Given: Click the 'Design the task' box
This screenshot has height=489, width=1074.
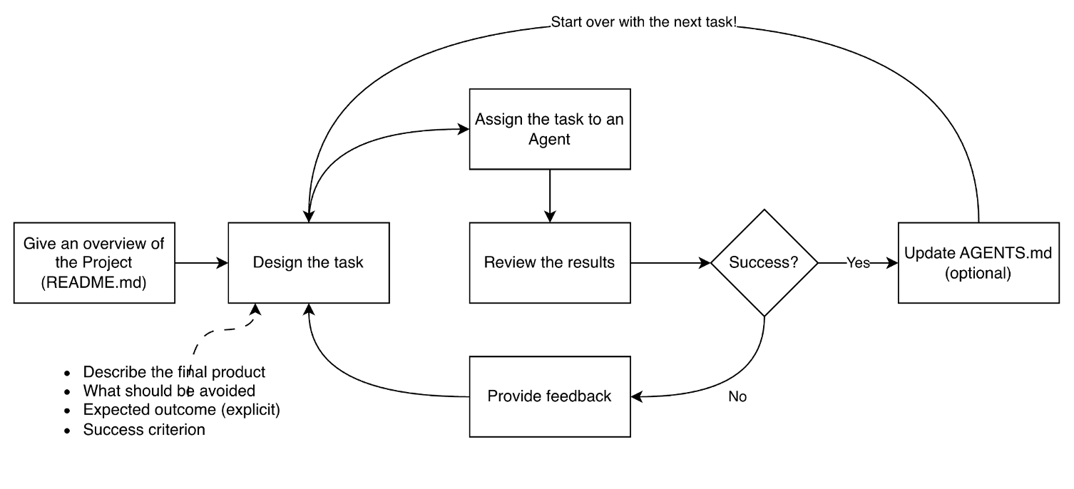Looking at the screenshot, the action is (309, 263).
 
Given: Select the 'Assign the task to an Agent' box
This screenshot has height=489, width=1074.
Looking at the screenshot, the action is (550, 129).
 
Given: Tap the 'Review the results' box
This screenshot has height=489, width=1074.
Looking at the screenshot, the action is (550, 263).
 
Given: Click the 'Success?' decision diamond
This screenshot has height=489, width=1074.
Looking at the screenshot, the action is (764, 263).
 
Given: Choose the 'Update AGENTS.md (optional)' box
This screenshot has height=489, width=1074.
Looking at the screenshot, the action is (978, 263).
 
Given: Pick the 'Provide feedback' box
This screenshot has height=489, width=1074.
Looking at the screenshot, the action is (550, 396).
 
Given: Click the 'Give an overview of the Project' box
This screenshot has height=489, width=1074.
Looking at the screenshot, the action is (94, 263).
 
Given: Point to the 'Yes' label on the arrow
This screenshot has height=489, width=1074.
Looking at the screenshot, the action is (858, 263).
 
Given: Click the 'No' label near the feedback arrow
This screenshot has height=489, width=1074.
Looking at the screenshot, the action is (737, 396).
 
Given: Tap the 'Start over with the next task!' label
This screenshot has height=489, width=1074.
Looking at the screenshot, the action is (643, 22).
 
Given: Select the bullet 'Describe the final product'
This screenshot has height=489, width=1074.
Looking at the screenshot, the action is (174, 372).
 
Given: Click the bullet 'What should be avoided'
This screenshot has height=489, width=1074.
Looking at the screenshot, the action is (169, 391).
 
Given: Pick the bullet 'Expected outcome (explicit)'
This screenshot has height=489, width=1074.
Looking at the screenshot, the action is (182, 410).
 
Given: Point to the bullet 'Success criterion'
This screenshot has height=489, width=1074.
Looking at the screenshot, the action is (144, 430).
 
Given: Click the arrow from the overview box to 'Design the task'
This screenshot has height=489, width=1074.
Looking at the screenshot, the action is (201, 263).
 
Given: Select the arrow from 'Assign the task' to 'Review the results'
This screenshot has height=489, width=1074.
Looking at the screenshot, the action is (550, 195).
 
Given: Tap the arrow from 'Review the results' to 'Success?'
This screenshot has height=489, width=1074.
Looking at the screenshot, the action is (671, 263).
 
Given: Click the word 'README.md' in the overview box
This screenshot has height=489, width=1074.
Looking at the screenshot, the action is (94, 282).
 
